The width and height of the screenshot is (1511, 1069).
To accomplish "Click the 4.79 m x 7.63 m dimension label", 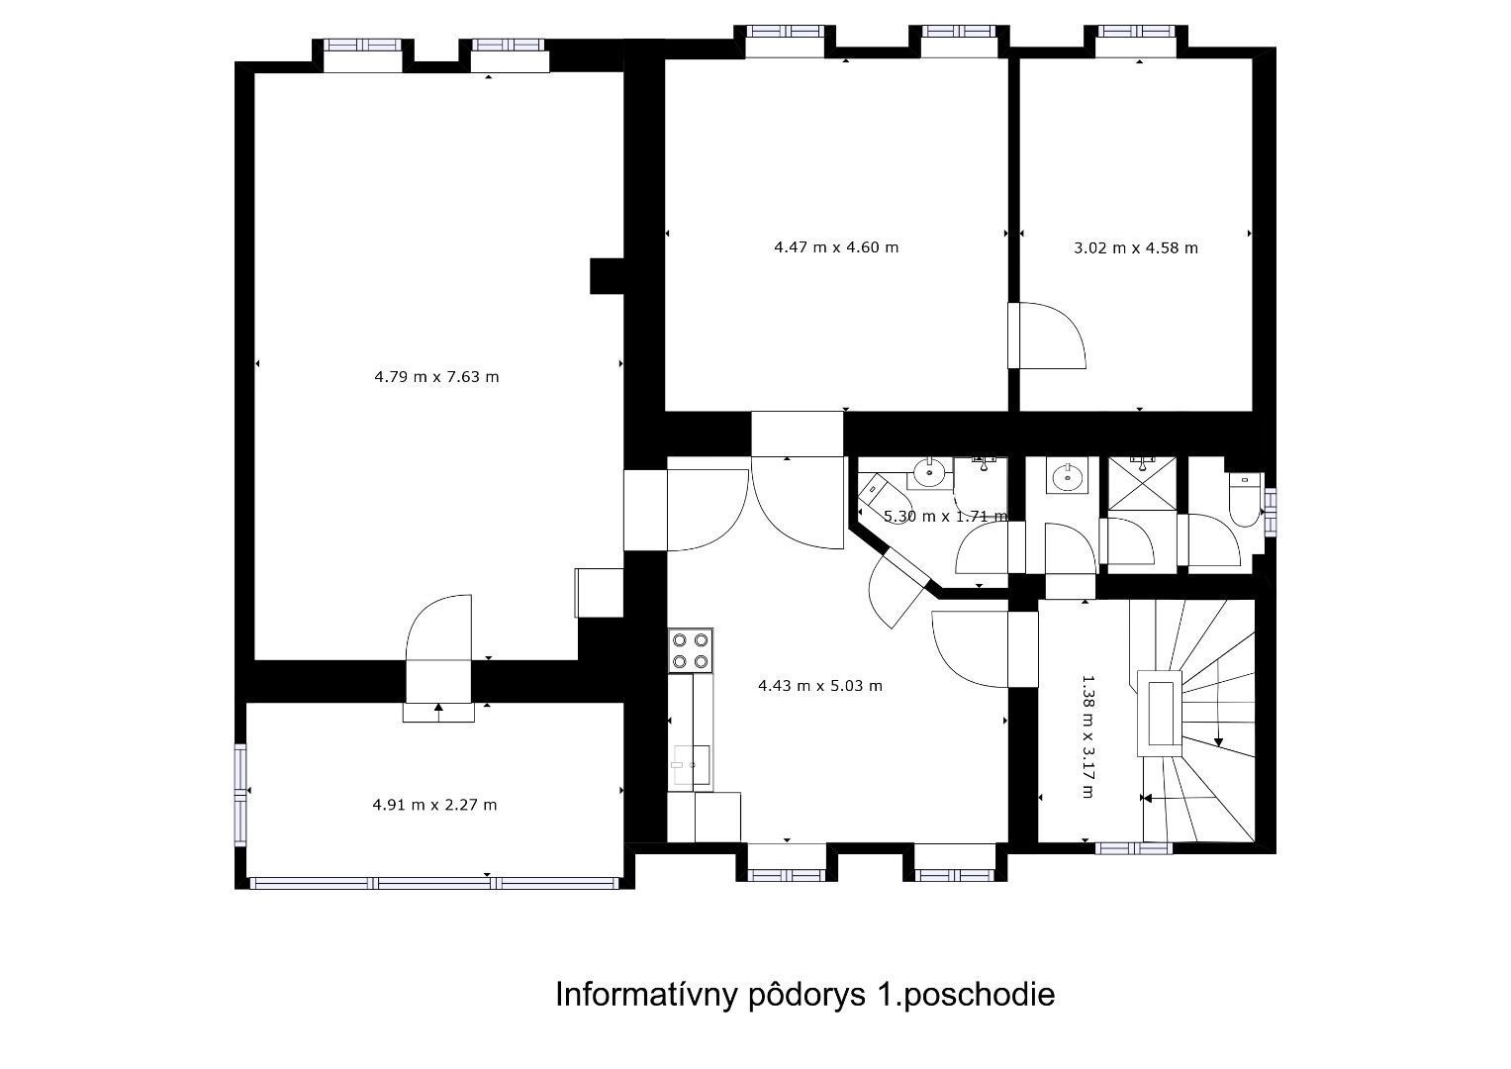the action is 436,376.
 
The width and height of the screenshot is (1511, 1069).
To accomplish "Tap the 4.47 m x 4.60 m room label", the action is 836,247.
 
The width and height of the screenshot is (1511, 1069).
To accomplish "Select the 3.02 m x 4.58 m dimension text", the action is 1136,247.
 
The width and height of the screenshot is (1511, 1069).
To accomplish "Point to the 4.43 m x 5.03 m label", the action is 820,686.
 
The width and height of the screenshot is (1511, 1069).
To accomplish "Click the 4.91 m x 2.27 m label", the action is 434,805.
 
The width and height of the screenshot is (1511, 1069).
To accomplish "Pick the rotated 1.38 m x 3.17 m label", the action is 1086,736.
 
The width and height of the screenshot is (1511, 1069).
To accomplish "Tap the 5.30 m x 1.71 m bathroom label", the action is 946,517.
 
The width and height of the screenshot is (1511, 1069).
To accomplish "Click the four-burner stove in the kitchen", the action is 691,650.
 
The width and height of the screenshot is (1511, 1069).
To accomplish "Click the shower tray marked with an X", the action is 1142,484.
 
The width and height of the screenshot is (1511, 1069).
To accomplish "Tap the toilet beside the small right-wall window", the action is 1245,499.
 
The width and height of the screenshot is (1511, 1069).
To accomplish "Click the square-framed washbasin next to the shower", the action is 1068,476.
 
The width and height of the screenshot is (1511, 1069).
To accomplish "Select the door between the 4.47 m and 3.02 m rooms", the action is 1047,336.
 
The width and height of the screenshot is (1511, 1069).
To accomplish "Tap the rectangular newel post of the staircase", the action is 1161,714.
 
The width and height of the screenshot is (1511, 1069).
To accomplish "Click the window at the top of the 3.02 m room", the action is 1137,32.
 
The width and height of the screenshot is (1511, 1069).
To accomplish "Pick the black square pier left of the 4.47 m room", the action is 609,276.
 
